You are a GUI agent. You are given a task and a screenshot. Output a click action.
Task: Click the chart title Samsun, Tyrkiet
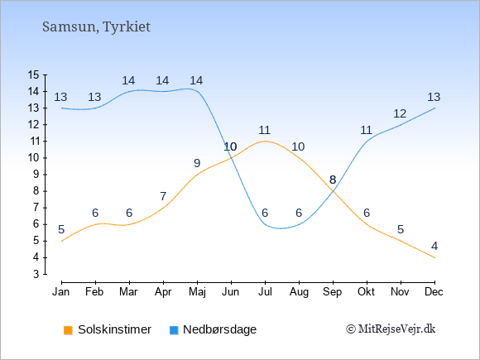(x=96, y=27)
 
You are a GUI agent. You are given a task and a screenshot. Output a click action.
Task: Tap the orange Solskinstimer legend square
(x=68, y=330)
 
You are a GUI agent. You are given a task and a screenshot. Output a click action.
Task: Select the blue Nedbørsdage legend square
(x=174, y=330)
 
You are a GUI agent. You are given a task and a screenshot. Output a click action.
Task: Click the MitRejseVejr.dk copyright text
(x=391, y=329)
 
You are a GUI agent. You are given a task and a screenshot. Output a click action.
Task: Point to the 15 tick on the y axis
(x=34, y=74)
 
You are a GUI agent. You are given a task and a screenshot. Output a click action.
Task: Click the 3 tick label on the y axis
(x=36, y=274)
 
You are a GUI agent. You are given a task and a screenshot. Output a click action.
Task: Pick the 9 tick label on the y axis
(x=36, y=175)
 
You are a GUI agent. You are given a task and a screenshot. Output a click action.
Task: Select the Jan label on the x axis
(x=61, y=292)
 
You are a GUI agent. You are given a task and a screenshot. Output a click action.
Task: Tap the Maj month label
(x=197, y=292)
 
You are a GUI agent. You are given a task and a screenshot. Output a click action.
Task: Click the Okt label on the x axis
(x=366, y=292)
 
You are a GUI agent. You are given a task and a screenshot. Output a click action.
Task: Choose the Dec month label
(x=434, y=292)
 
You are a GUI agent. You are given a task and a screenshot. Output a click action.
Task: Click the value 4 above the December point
(x=434, y=246)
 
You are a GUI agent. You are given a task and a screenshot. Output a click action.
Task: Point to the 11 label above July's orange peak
(x=265, y=131)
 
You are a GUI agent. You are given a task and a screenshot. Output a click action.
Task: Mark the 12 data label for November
(x=400, y=114)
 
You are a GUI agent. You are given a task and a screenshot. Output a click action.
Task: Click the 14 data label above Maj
(x=196, y=80)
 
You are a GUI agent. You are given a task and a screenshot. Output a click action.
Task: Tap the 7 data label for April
(x=163, y=196)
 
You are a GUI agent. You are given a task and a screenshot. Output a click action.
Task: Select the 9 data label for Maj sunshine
(x=197, y=163)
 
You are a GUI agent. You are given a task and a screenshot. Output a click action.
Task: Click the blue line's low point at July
(x=265, y=224)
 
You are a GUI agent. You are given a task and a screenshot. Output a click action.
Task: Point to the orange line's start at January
(x=62, y=241)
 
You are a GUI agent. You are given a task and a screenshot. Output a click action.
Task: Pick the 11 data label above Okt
(x=366, y=131)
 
